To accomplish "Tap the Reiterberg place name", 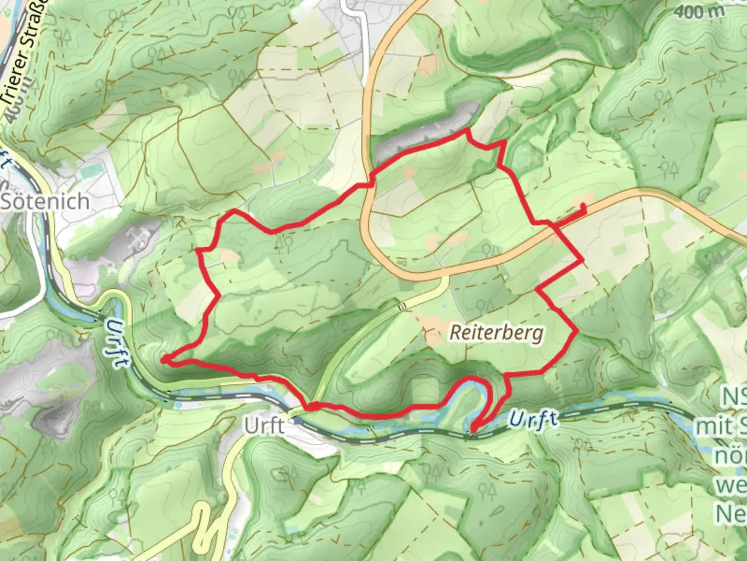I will click(x=496, y=332).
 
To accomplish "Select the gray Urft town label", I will click(x=264, y=426).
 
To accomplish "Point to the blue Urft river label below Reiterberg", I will click(x=534, y=419).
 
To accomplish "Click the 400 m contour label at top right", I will click(x=700, y=12).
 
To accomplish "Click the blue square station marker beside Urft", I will click(x=297, y=421).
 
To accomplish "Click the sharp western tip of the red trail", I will click(x=162, y=359).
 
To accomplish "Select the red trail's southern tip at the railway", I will click(x=472, y=430).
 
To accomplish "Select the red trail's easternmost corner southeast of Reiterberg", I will click(x=577, y=330).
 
